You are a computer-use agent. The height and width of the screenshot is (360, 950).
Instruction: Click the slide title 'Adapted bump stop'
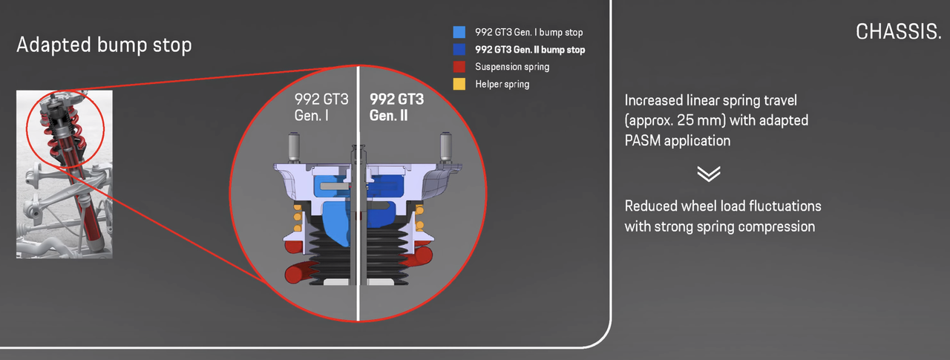pos(104,45)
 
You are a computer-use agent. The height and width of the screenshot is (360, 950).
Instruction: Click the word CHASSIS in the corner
pos(898,32)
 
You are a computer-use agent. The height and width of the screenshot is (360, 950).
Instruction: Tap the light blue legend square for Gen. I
pos(459,33)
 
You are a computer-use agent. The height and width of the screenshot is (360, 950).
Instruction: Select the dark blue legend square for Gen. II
pos(459,50)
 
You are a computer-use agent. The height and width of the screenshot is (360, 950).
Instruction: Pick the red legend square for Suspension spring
pos(459,67)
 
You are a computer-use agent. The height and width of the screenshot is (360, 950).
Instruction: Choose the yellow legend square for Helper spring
pos(459,84)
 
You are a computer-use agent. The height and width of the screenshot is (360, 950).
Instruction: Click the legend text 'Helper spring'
pos(502,85)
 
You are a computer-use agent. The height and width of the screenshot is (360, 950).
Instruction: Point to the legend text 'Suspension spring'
pos(512,67)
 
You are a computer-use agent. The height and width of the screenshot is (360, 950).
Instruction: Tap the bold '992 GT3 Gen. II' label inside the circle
pos(396,108)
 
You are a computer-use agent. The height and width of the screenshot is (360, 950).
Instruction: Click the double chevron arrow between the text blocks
pos(709,174)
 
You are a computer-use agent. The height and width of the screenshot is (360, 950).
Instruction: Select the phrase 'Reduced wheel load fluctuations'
pos(723,206)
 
